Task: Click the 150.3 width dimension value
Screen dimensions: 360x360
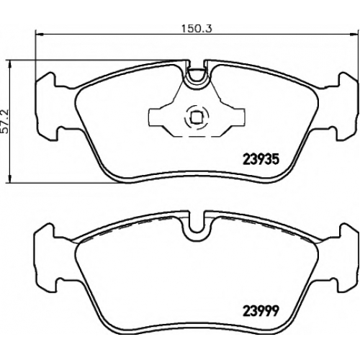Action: tap(197, 29)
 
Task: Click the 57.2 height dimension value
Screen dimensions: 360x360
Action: tap(4, 121)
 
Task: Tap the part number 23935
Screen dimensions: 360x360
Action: tap(261, 159)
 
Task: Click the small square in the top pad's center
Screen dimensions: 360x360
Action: tap(196, 117)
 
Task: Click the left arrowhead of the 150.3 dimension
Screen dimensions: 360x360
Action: tap(39, 35)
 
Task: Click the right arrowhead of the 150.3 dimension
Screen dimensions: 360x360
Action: tap(354, 35)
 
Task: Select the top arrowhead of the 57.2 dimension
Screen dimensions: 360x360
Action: tap(10, 64)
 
